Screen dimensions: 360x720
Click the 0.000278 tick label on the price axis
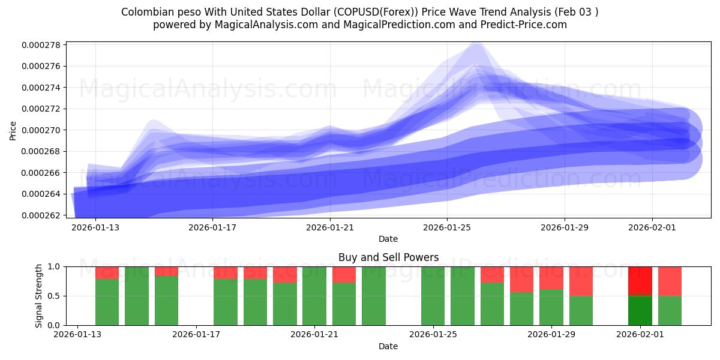[x=41, y=45]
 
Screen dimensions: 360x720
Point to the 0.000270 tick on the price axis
[x=41, y=130]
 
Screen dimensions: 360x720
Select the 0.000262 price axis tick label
[x=41, y=215]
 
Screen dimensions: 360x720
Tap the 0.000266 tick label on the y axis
[x=41, y=173]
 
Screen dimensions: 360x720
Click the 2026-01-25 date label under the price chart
[x=447, y=227]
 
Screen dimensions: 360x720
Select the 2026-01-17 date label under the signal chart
[x=196, y=335]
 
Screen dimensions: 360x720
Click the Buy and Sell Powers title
[x=388, y=257]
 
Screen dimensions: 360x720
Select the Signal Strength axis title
[x=39, y=296]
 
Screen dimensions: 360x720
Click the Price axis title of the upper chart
[x=13, y=130]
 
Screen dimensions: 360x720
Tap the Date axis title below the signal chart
[x=388, y=346]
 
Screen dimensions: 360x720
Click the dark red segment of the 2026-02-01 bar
[x=640, y=280]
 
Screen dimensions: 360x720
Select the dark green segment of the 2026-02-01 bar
[x=640, y=310]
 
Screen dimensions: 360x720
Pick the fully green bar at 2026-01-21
[x=314, y=296]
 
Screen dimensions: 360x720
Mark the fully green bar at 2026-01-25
[x=433, y=296]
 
